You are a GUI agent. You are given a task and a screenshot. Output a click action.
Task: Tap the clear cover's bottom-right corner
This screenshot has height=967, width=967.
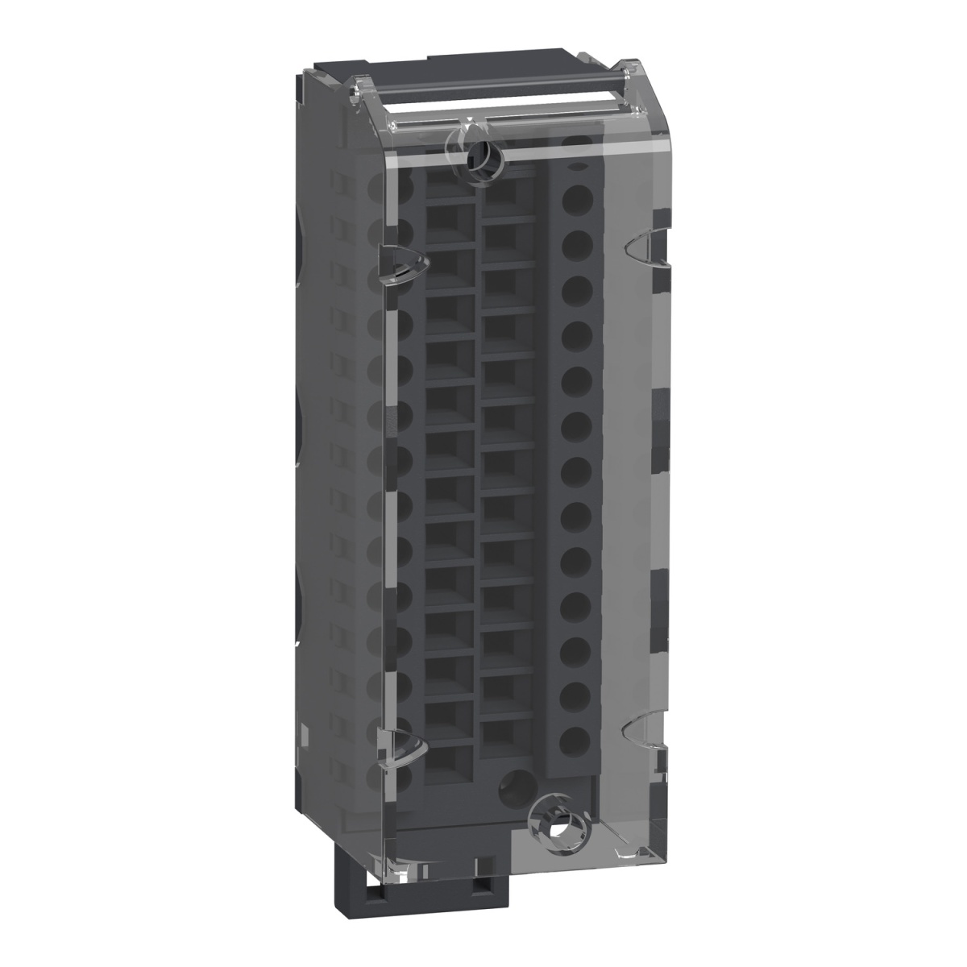click(661, 838)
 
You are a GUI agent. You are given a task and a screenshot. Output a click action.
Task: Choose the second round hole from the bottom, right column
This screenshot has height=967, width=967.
click(573, 693)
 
